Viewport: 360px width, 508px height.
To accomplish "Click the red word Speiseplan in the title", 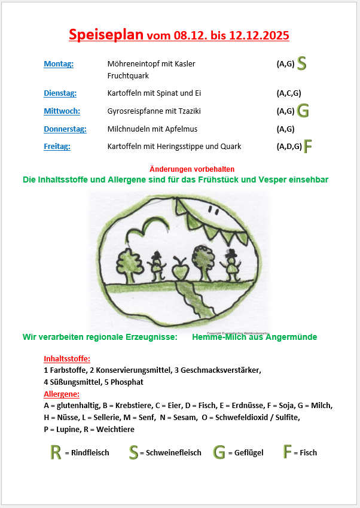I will point(106,35).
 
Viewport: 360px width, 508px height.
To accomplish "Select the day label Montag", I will point(59,64).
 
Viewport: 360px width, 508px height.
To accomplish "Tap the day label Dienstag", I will point(60,93).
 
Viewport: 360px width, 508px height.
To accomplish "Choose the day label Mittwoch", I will point(62,111).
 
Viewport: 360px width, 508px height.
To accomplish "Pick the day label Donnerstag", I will point(65,129).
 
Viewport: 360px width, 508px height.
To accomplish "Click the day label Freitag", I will point(57,146).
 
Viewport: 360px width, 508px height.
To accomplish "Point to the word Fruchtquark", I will point(128,76).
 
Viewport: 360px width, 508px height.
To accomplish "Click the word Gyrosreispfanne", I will point(135,111).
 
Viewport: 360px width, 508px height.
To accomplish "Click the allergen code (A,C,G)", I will point(288,93).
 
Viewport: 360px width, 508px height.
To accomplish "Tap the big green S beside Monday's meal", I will point(302,63).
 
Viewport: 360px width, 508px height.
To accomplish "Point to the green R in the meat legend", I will point(56,452).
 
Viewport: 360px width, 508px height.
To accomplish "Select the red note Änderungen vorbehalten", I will point(192,169).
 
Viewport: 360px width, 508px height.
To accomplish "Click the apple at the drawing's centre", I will point(180,271).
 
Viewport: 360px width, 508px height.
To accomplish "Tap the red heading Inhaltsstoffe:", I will point(67,359).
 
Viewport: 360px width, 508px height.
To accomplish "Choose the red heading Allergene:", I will point(62,394).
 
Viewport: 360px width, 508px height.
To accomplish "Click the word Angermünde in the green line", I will point(293,337).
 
